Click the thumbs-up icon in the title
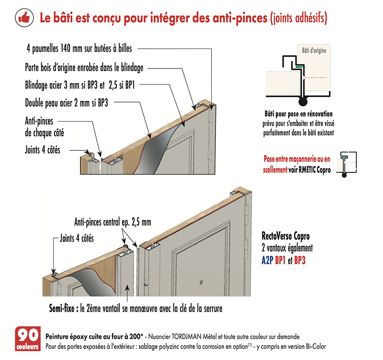point(24,18)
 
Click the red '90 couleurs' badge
point(28,338)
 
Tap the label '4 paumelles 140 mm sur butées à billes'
point(79,49)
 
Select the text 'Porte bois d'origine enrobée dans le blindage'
point(84,67)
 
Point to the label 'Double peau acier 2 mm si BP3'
point(67,103)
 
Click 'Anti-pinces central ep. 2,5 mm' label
point(113,222)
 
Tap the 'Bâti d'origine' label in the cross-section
point(314,51)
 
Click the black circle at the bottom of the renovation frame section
point(303,101)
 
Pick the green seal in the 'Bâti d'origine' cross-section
point(299,67)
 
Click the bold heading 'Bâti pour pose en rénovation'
point(298,114)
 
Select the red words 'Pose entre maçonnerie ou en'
point(297,159)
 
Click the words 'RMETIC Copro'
point(315,170)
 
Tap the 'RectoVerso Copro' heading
point(285,236)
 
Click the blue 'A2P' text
point(267,260)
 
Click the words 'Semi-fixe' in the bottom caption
point(62,308)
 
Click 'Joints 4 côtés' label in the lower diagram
point(77,238)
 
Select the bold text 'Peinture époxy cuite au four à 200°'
point(94,337)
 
